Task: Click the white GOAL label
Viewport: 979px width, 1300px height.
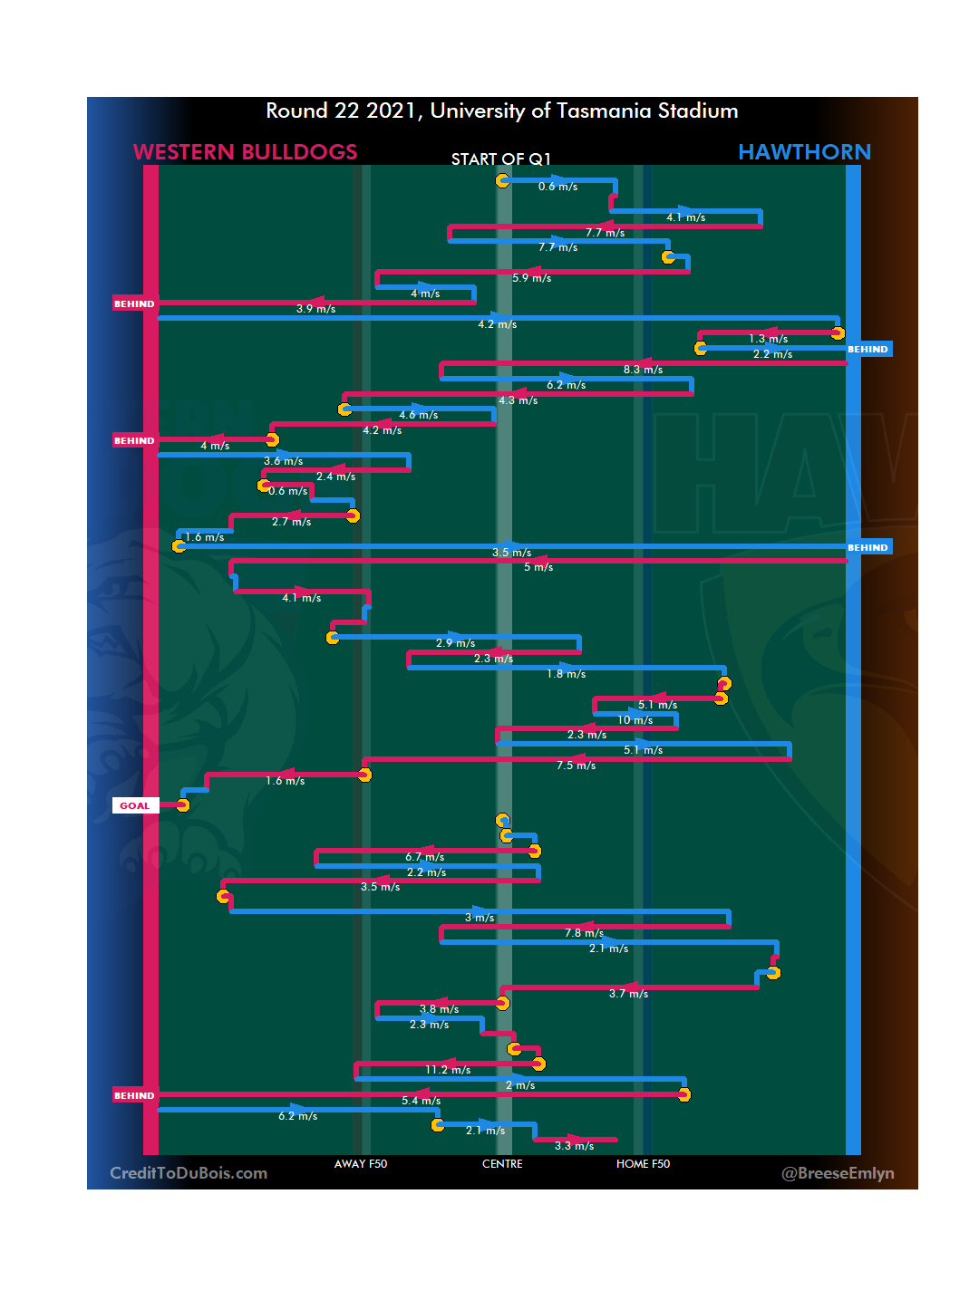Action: coord(135,805)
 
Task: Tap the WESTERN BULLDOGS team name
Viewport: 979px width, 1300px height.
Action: coord(245,152)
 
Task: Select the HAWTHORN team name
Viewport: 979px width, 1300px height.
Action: coord(804,152)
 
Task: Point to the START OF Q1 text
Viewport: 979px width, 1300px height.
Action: coord(500,159)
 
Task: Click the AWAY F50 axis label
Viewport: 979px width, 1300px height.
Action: coord(361,1164)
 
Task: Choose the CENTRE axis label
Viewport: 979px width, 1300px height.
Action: coord(502,1164)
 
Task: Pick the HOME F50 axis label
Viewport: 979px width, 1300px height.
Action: coord(643,1164)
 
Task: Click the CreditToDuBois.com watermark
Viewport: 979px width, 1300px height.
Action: coord(189,1173)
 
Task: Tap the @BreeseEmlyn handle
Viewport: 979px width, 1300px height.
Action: coord(838,1173)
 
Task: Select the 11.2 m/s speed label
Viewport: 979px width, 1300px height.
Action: coord(448,1070)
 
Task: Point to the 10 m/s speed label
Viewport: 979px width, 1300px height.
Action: coord(635,720)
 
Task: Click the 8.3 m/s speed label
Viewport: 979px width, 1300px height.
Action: coord(643,370)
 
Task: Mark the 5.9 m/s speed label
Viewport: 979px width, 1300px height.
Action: coord(531,278)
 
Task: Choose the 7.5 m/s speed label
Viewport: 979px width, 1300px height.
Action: coord(576,766)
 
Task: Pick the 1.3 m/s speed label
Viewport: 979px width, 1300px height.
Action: coord(768,339)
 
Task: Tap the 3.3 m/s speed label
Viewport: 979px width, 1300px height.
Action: coord(574,1146)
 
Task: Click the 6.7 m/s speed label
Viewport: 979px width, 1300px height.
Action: coord(424,857)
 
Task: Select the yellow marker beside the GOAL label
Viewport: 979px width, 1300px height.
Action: coord(183,805)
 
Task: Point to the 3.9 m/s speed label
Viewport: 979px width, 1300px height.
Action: coord(315,309)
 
